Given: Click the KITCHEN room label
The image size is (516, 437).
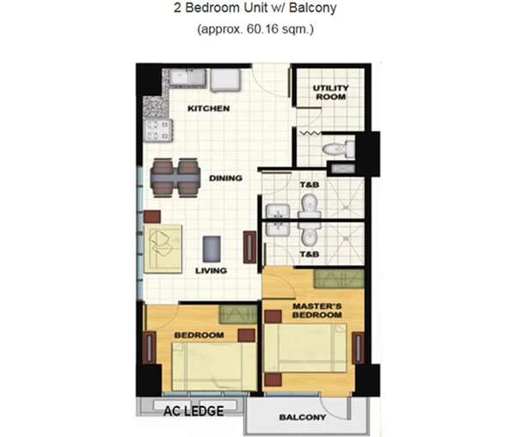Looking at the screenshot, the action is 208,108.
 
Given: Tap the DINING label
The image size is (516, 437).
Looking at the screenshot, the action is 225,178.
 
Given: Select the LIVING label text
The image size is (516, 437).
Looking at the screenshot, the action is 211,270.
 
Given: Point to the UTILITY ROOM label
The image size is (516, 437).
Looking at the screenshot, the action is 331,92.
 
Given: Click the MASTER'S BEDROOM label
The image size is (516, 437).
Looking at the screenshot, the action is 317,311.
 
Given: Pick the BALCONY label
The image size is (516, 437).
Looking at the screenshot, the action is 303,417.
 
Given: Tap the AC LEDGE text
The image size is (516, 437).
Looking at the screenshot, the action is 193,411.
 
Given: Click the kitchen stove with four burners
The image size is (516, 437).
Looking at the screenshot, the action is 158,130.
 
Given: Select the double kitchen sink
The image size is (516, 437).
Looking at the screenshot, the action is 187,78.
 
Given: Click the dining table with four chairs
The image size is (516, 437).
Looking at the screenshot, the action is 175,178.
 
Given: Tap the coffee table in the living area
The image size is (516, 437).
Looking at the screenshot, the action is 212,249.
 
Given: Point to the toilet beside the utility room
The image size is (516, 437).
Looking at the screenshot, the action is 338,149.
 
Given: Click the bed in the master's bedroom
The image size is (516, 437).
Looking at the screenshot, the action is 305,348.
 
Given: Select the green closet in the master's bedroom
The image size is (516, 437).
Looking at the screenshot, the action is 339,278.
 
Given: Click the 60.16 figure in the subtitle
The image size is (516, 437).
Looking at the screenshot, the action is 261,29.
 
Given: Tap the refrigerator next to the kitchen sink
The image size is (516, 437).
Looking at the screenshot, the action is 225,80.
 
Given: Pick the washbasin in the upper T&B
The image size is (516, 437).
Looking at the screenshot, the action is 278,211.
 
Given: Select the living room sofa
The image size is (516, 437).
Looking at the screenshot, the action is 163,249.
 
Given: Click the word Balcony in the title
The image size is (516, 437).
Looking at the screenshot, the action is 313,8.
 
